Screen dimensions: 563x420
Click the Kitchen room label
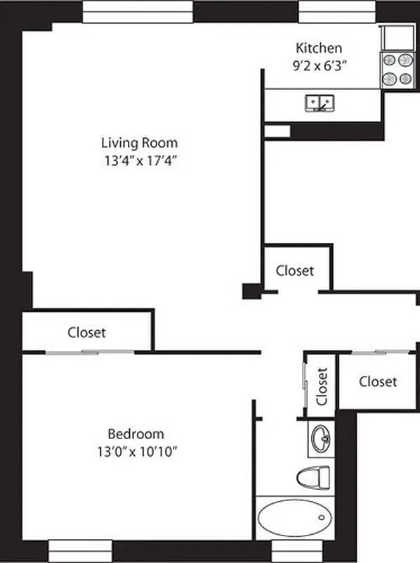pyautogui.click(x=319, y=49)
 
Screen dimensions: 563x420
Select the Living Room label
pyautogui.click(x=138, y=143)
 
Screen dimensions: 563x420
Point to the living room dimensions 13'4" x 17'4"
pyautogui.click(x=138, y=160)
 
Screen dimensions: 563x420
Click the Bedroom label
pyautogui.click(x=136, y=434)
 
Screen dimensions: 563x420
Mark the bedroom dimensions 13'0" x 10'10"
pyautogui.click(x=136, y=451)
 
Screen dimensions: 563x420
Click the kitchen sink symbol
pyautogui.click(x=320, y=103)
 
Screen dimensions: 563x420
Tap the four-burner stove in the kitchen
pyautogui.click(x=396, y=70)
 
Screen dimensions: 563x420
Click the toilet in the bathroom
pyautogui.click(x=313, y=479)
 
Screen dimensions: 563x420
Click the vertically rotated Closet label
pyautogui.click(x=322, y=386)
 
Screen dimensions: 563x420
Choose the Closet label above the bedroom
pyautogui.click(x=87, y=332)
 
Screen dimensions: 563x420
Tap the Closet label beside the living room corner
pyautogui.click(x=294, y=270)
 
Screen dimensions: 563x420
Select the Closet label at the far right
pyautogui.click(x=377, y=381)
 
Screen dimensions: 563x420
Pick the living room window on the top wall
pyautogui.click(x=138, y=11)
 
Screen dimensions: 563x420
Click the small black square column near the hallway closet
pyautogui.click(x=251, y=291)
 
